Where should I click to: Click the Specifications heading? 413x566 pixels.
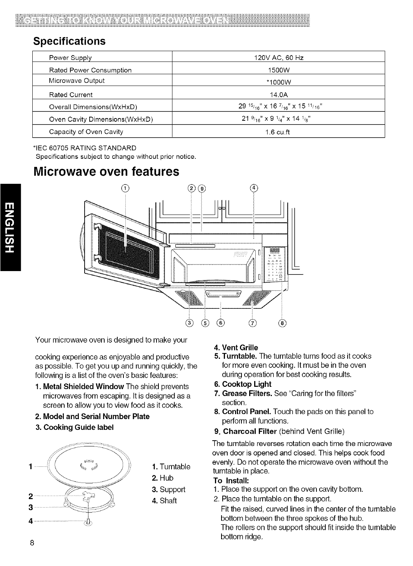pos(69,41)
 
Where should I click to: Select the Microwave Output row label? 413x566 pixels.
pos(77,81)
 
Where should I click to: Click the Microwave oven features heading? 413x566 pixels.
pos(107,171)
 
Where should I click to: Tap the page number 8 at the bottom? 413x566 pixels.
pos(32,543)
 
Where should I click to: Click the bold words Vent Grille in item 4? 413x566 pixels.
pos(240,347)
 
